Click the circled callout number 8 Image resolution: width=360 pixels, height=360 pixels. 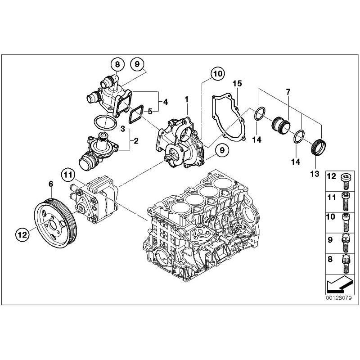(117, 64)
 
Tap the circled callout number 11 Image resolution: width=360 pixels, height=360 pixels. (67, 174)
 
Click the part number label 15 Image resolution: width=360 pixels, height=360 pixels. (237, 84)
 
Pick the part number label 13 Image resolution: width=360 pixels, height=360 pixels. (314, 173)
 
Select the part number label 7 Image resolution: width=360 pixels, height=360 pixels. (288, 92)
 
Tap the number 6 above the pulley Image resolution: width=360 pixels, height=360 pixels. (51, 184)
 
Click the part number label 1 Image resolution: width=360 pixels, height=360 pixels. (186, 98)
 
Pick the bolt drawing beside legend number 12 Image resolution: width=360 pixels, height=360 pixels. (346, 180)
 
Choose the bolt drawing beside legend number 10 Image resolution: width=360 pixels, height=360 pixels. (346, 222)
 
